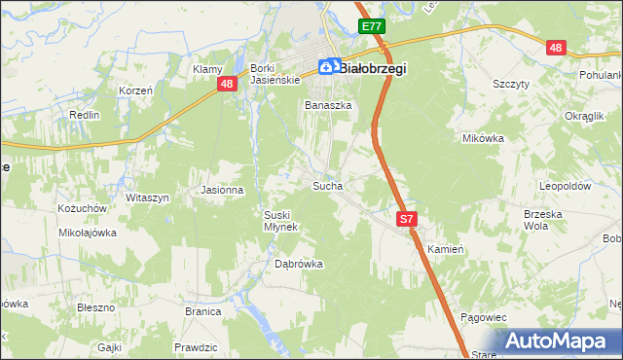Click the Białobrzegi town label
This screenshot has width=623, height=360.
pos(373,68)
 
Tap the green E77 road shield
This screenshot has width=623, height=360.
pos(371,27)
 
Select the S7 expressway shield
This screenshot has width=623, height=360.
pos(407,221)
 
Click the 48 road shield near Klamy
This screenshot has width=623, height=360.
pos(227,85)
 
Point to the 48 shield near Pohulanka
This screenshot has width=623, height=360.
pos(556,48)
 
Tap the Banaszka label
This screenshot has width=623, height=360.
pos(327,105)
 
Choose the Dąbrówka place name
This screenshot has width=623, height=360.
pos(298,264)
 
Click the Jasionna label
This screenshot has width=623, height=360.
pos(221,190)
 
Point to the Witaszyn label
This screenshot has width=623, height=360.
pos(147,198)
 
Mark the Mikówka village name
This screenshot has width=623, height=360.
pos(483,138)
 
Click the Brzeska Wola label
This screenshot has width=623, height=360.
pos(544,219)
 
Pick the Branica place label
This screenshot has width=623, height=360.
pos(204,312)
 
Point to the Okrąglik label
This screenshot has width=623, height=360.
pos(584,115)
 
